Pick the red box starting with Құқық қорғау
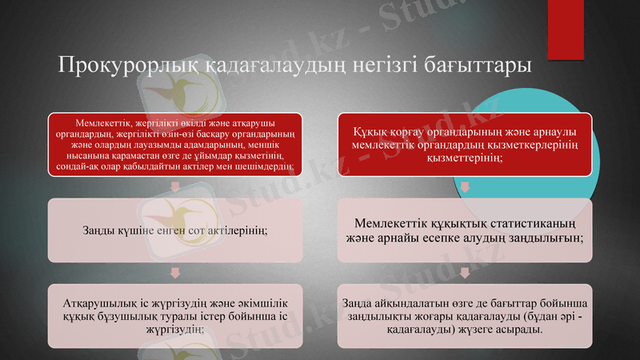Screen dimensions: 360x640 pos(465,144)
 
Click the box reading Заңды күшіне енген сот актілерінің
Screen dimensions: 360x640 pos(175,230)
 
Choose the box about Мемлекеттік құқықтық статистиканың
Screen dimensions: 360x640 pos(465,230)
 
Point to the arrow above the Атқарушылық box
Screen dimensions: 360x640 pos(175,272)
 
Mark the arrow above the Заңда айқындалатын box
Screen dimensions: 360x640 pos(465,272)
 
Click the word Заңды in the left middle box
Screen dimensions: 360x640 pos(98,230)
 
